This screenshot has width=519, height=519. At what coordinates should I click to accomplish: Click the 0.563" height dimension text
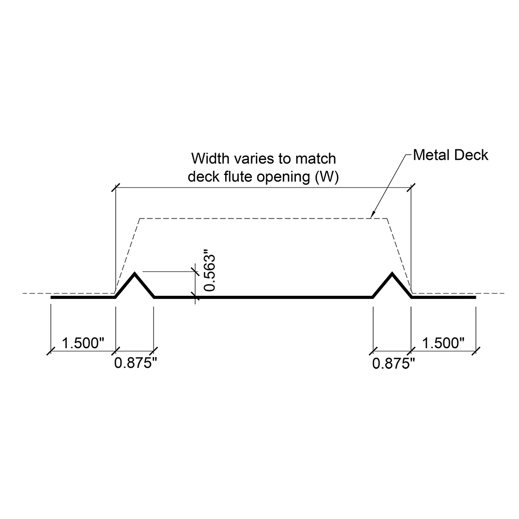click(x=209, y=272)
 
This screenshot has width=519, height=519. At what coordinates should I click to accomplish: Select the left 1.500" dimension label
click(x=83, y=343)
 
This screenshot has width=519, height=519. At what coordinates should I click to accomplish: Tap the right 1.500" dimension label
click(x=443, y=343)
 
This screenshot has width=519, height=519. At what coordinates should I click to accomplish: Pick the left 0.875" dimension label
click(x=135, y=363)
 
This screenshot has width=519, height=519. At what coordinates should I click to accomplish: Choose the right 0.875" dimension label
click(x=394, y=363)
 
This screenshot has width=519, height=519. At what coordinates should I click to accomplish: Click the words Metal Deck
click(x=450, y=155)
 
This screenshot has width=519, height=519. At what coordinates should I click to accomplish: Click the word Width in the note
click(x=208, y=158)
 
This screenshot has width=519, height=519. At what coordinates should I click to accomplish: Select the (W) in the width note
click(x=327, y=177)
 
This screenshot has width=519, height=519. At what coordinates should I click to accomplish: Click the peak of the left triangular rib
click(x=135, y=273)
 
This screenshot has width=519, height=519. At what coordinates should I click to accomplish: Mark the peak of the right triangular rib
click(x=392, y=273)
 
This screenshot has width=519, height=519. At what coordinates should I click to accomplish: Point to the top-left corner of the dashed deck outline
click(x=139, y=219)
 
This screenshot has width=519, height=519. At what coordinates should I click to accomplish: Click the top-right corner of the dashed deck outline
click(x=387, y=219)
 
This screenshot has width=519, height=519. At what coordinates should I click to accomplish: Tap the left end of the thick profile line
click(x=51, y=297)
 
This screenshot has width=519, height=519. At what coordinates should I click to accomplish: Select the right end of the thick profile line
click(x=475, y=297)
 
